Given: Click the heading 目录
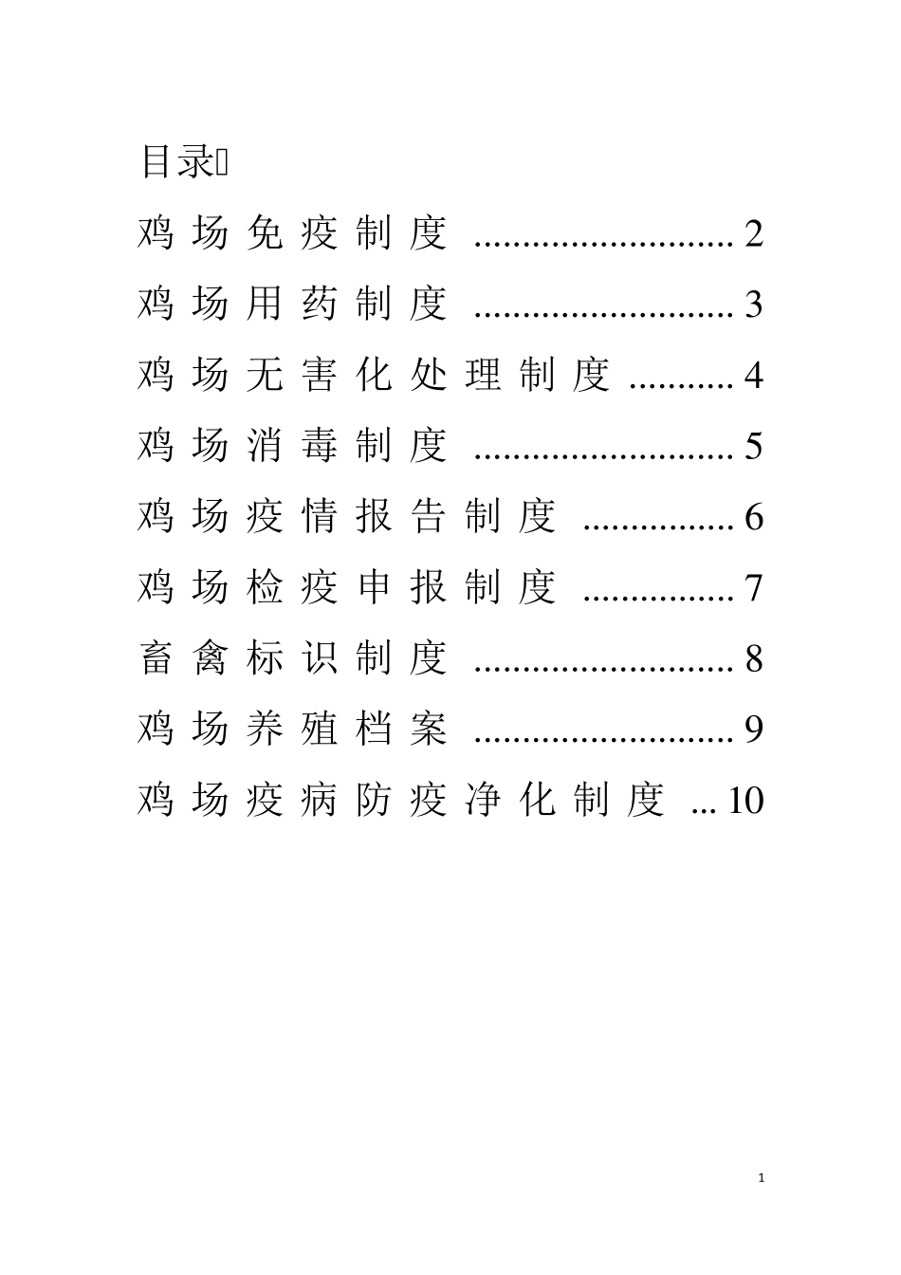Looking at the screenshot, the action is point(177,161).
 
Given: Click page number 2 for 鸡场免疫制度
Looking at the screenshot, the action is point(754,233).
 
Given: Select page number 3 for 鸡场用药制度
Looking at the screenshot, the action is point(754,305).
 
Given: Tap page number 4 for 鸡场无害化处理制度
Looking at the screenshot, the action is point(754,376).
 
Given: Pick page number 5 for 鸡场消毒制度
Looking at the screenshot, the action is point(754,446).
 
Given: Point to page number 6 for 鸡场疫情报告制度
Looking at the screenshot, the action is point(754,517).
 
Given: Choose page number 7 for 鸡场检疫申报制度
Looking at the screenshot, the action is point(754,588).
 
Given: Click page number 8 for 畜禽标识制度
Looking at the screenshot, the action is point(754,658).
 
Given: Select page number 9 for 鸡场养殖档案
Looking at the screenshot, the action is point(754,730).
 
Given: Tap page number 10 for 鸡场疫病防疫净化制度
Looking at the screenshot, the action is point(745,801).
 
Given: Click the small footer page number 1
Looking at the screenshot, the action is point(763,1178).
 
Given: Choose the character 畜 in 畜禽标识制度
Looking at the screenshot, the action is point(156,658).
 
